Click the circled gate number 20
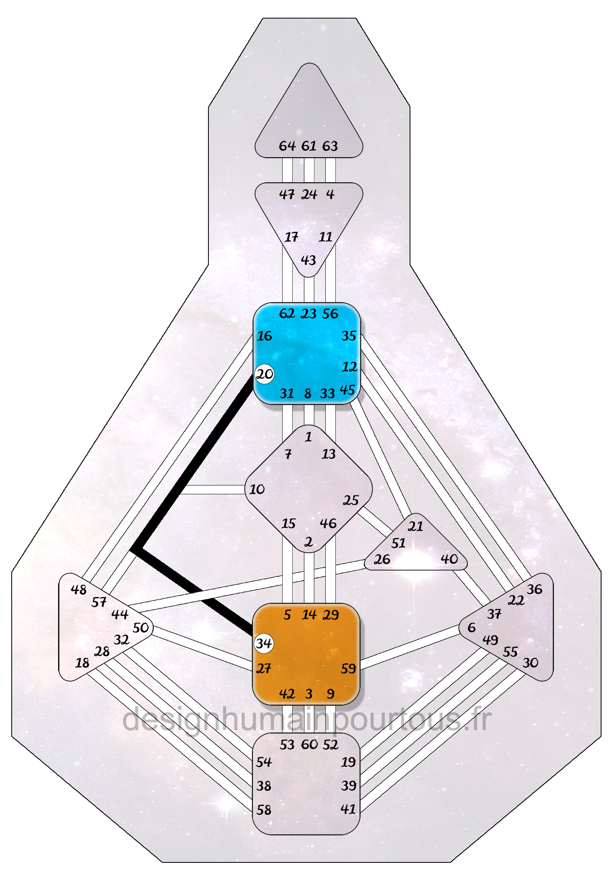pyautogui.click(x=264, y=374)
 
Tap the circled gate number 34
pyautogui.click(x=264, y=643)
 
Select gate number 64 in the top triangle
pyautogui.click(x=287, y=146)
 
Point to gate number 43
pyautogui.click(x=308, y=260)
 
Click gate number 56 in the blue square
pyautogui.click(x=330, y=314)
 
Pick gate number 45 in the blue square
pyautogui.click(x=347, y=390)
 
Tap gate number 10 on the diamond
pyautogui.click(x=257, y=489)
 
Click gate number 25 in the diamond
pyautogui.click(x=350, y=500)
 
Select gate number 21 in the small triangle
pyautogui.click(x=415, y=526)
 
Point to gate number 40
pyautogui.click(x=449, y=559)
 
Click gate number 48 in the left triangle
pyautogui.click(x=79, y=590)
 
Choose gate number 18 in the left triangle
pyautogui.click(x=82, y=663)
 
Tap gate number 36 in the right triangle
pyautogui.click(x=535, y=589)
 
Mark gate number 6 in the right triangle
pyautogui.click(x=471, y=627)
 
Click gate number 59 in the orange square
pyautogui.click(x=348, y=669)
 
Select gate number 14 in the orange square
pyautogui.click(x=309, y=615)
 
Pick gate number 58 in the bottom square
pyautogui.click(x=264, y=810)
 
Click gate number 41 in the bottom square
pyautogui.click(x=348, y=809)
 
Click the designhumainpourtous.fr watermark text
pyautogui.click(x=306, y=720)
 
